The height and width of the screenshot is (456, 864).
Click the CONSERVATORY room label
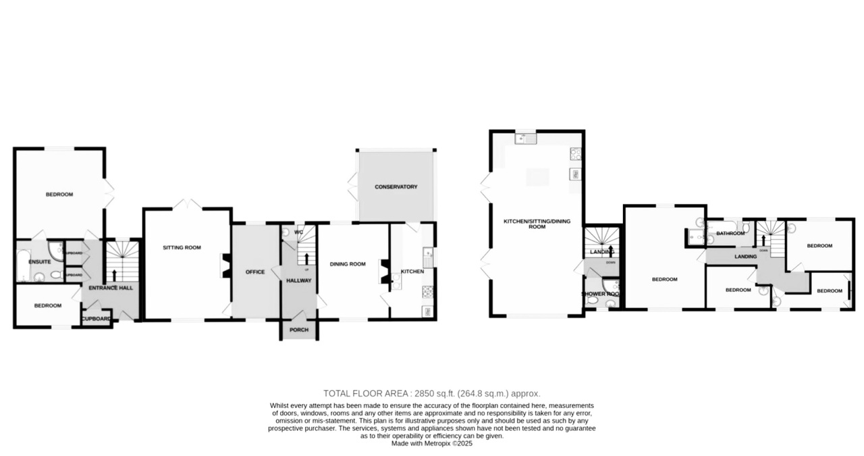point(396,187)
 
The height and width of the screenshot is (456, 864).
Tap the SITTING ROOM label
point(182,248)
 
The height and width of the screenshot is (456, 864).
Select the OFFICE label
point(255,272)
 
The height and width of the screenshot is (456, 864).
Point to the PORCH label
point(298,330)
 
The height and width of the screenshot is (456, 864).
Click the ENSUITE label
point(40,261)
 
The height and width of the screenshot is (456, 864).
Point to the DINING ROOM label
point(348,264)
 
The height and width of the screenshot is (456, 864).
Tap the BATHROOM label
point(730,234)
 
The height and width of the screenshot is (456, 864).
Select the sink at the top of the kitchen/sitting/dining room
point(524,139)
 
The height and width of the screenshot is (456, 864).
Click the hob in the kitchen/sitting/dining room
point(576,153)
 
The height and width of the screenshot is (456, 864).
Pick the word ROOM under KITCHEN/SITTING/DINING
point(537,227)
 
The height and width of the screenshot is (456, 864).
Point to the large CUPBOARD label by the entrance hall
point(97,319)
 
